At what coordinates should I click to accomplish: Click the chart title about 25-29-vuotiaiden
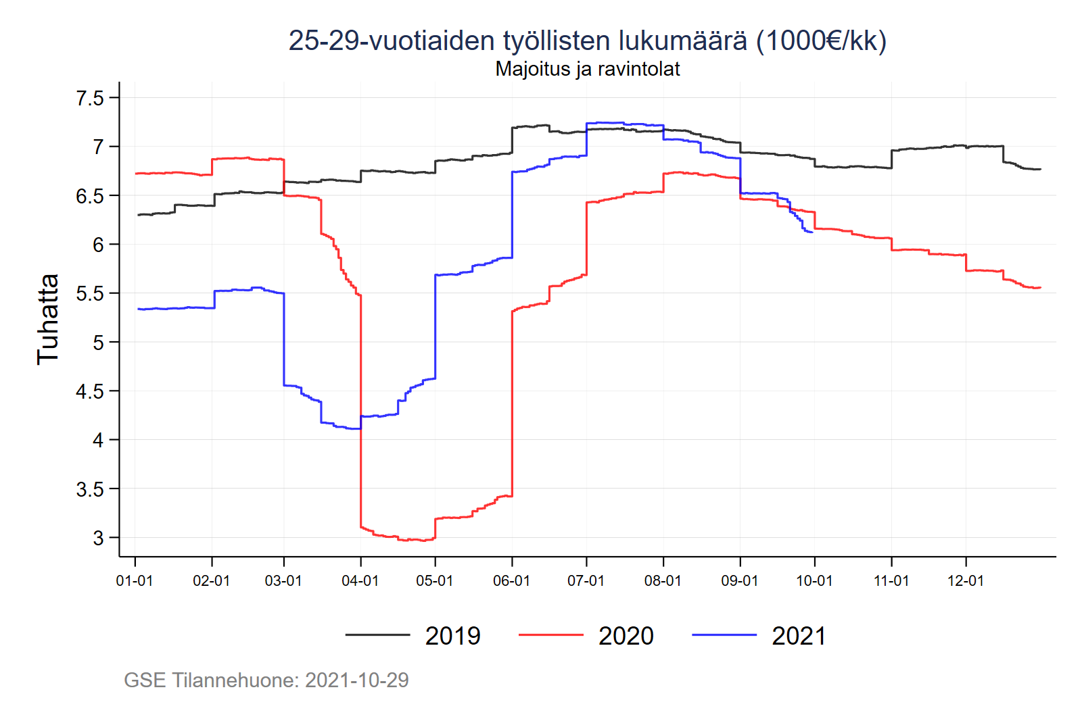coord(587,41)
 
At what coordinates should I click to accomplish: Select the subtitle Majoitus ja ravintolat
coord(587,69)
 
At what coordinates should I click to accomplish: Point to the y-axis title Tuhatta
coord(48,319)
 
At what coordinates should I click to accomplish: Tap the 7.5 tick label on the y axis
coord(90,98)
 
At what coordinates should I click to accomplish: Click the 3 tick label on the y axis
coord(98,538)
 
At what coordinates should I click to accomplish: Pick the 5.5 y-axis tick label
coord(90,293)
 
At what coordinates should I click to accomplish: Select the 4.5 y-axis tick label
coord(90,391)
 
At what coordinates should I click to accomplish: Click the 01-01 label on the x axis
coord(135,580)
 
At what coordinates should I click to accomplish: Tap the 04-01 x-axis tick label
coord(360,580)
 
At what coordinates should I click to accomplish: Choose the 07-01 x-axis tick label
coord(586,580)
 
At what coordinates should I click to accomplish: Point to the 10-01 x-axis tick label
coord(814,580)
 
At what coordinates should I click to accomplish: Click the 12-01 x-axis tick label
coord(966,580)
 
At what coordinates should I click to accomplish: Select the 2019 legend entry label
coord(452,636)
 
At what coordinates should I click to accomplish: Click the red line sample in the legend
coord(550,635)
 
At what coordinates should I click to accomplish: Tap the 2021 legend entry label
coord(799,636)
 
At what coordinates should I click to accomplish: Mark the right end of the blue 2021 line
coord(812,232)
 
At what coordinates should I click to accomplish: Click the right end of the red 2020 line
coord(1040,288)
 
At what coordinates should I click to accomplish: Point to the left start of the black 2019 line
coord(138,215)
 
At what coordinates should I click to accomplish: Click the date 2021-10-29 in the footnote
coord(356,680)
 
